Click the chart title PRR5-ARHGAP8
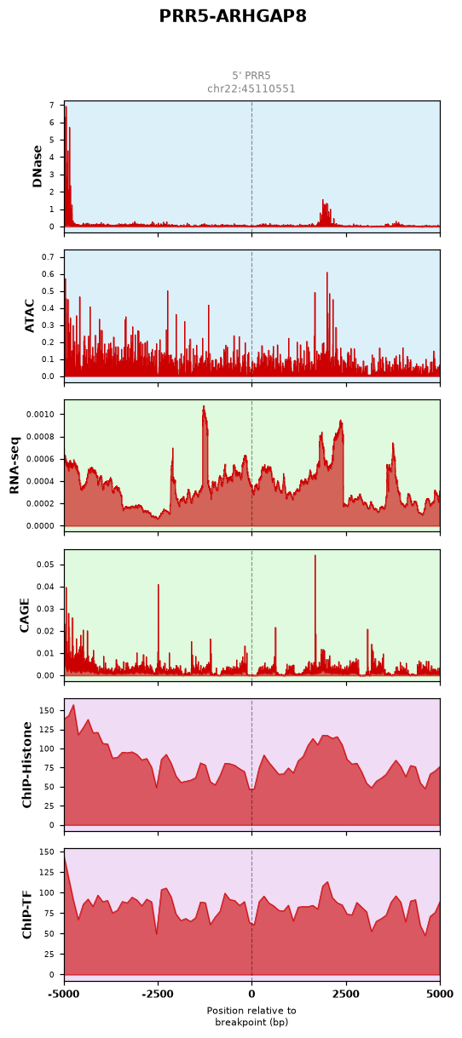click(233, 16)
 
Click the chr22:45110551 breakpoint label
click(251, 89)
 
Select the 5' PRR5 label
click(251, 76)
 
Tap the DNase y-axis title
click(38, 166)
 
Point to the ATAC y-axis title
click(29, 316)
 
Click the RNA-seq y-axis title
click(14, 465)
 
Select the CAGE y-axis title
click(24, 615)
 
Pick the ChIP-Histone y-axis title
click(27, 765)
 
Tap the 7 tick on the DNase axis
click(51, 106)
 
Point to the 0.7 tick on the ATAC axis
click(49, 257)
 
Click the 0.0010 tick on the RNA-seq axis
click(40, 415)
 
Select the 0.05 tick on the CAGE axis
click(46, 565)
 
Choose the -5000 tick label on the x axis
click(64, 994)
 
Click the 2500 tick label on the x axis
click(345, 994)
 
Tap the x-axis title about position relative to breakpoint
click(251, 1017)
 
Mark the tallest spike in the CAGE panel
click(315, 555)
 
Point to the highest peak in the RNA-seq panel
click(204, 406)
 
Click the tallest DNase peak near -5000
click(66, 107)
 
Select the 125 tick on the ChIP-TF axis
click(49, 872)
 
